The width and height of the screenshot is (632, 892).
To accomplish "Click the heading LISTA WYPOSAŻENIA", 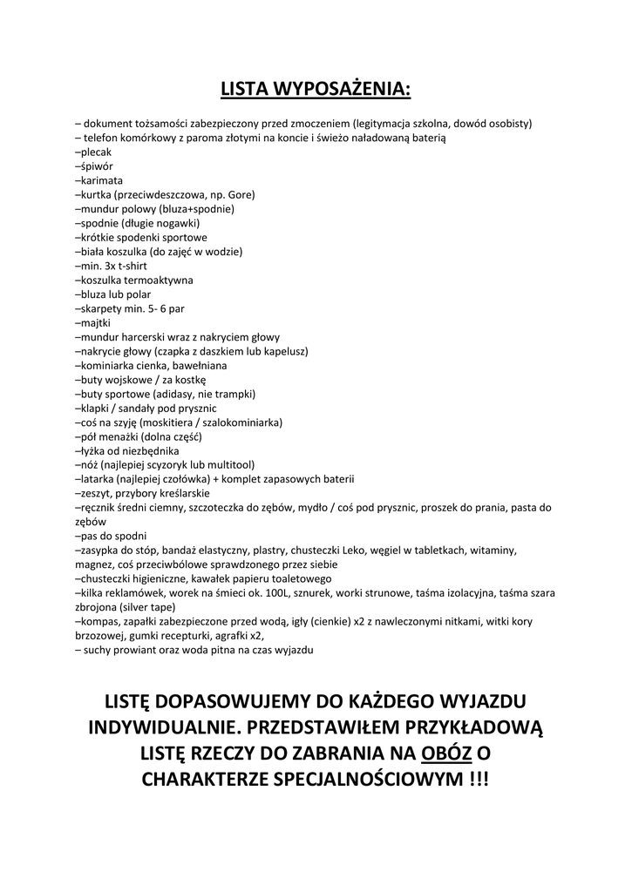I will click(316, 89).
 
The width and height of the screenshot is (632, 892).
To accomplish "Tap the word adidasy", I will click(180, 394).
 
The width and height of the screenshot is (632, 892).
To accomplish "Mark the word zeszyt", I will click(96, 493).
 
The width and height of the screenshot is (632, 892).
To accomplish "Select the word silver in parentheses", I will click(134, 607).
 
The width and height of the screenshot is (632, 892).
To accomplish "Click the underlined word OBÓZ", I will click(448, 753).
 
